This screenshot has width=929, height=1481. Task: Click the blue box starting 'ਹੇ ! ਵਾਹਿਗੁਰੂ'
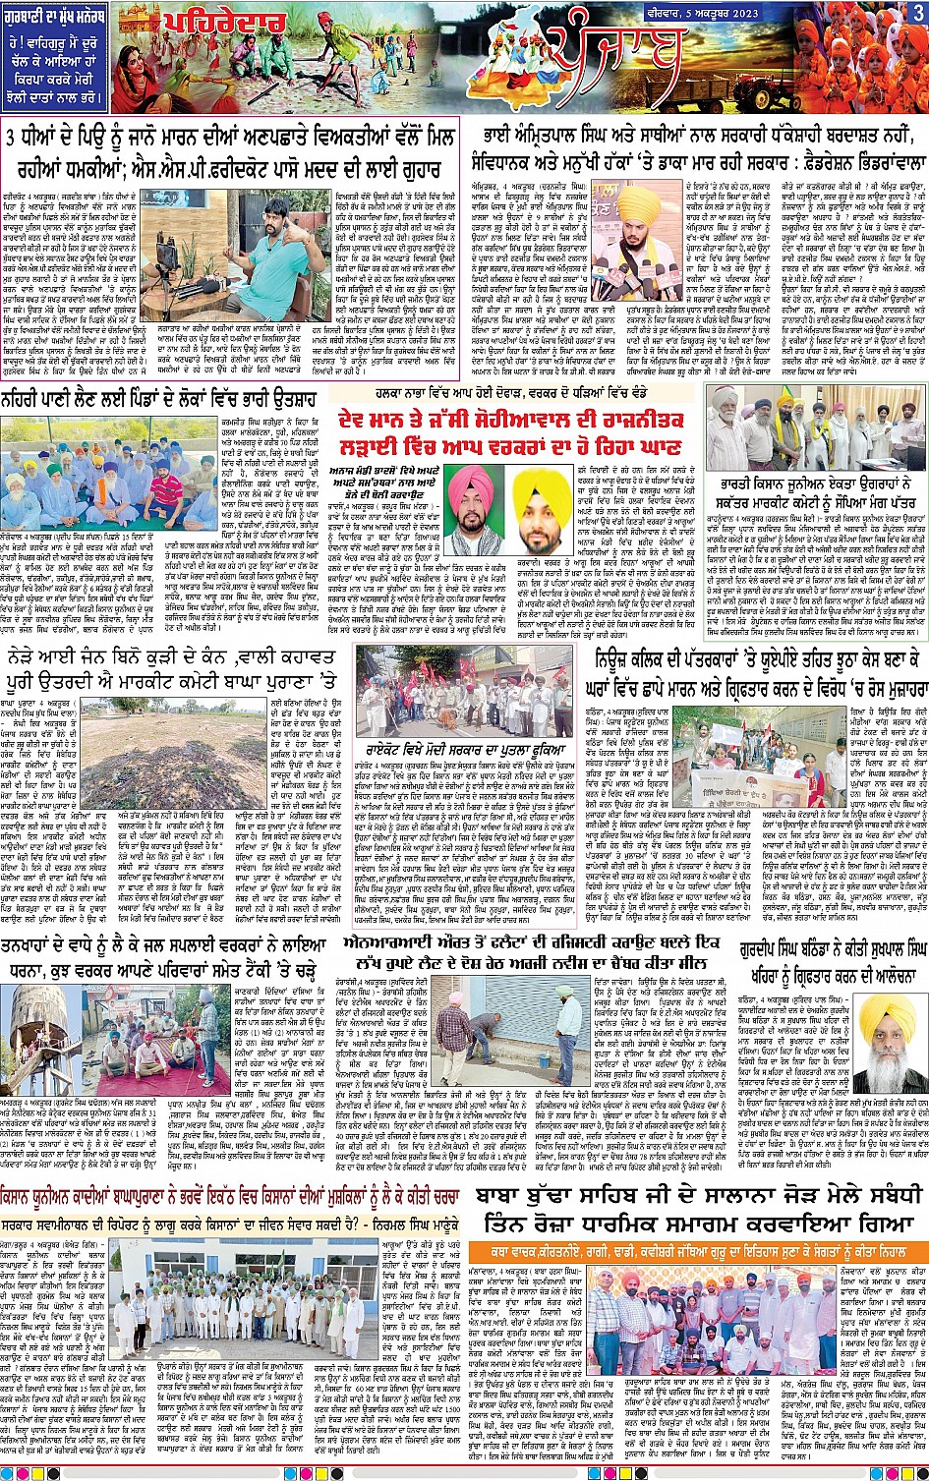click(58, 70)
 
